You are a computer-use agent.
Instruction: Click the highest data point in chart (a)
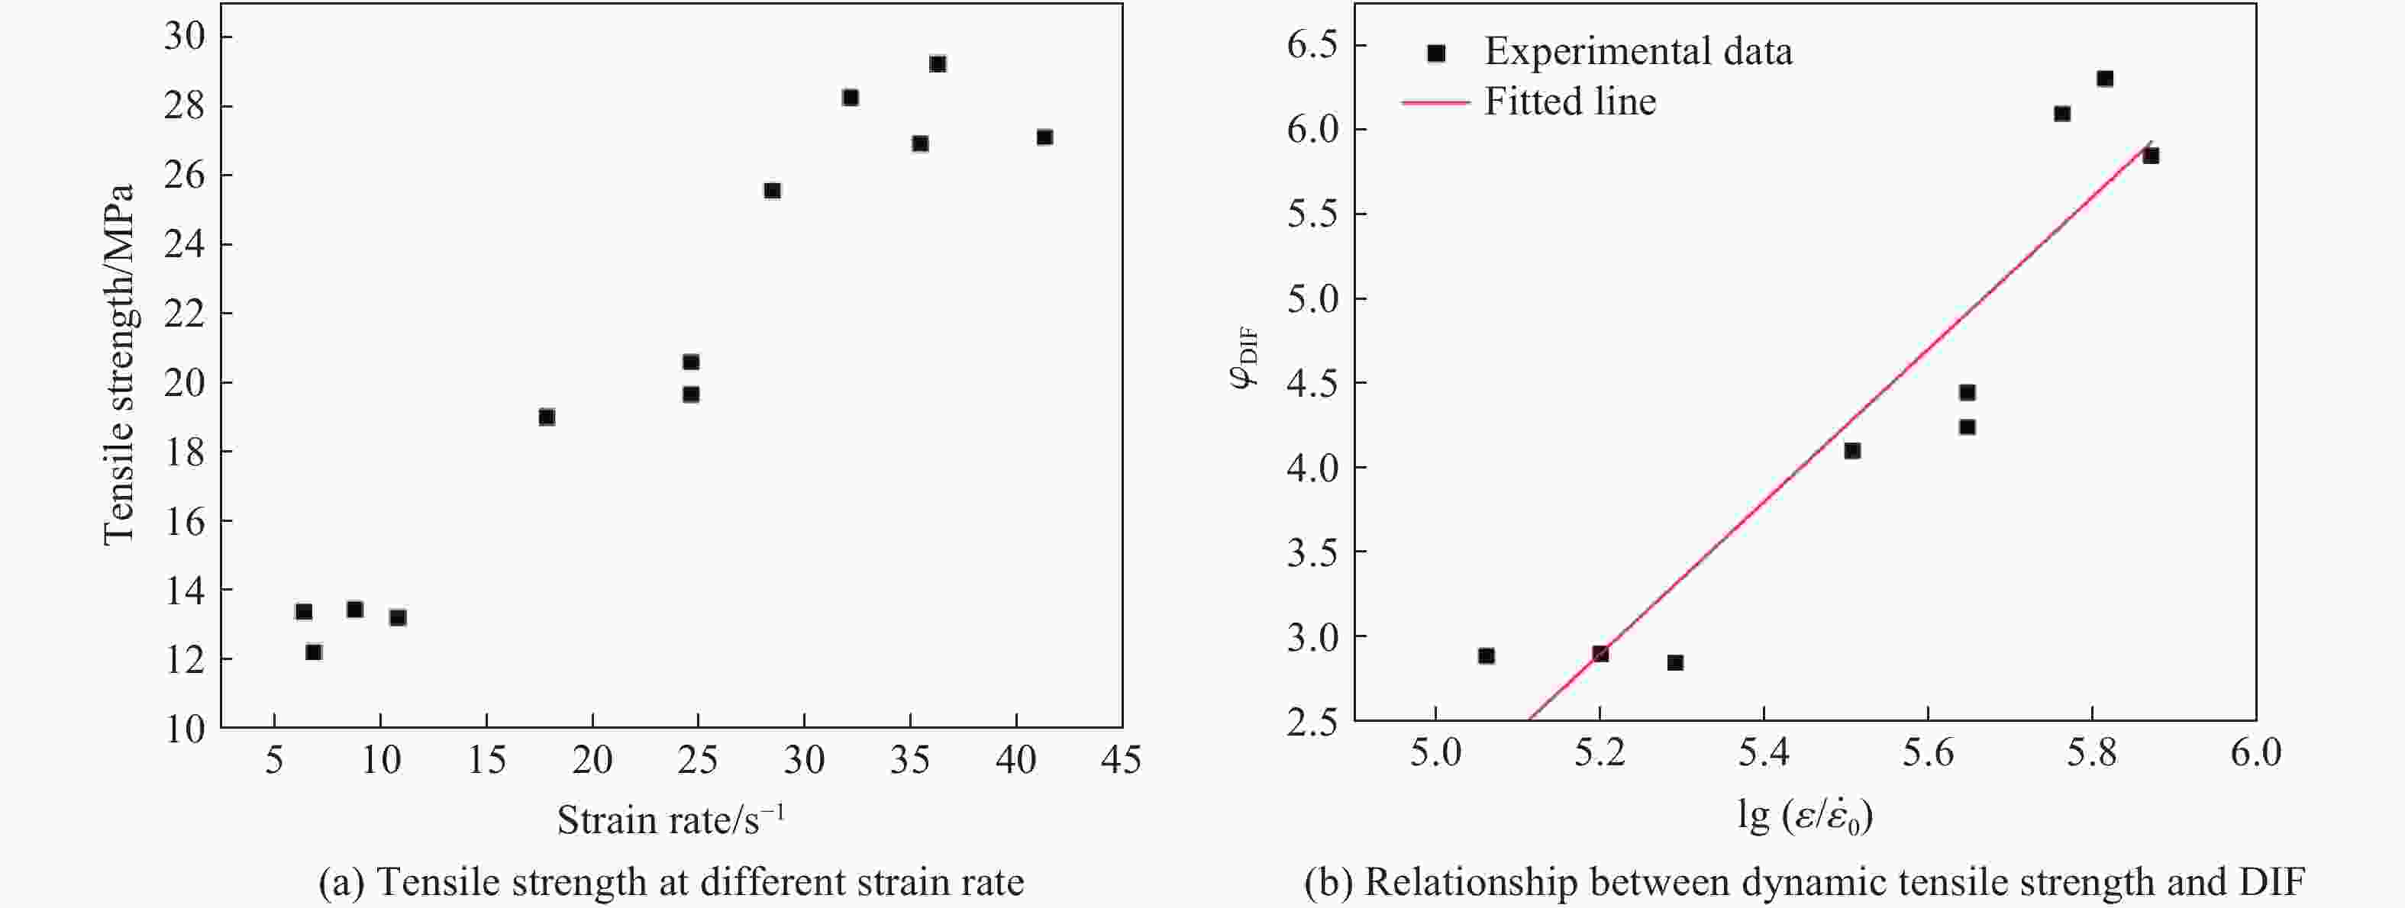(x=938, y=64)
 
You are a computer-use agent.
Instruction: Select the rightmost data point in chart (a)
(x=1044, y=137)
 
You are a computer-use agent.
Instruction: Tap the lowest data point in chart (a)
(x=314, y=652)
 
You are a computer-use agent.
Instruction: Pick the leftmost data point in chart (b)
(x=1487, y=656)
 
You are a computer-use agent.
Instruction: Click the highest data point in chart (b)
(x=2104, y=79)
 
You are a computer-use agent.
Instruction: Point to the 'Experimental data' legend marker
(x=1437, y=53)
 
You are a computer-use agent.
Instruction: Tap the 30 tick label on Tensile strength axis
(x=185, y=37)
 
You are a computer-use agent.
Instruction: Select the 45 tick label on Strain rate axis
(x=1120, y=761)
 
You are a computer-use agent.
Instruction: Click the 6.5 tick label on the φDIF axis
(x=1312, y=45)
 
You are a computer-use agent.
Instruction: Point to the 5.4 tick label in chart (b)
(x=1763, y=753)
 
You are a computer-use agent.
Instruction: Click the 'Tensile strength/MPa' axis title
(x=120, y=364)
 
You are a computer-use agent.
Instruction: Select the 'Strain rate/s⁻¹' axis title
(x=670, y=820)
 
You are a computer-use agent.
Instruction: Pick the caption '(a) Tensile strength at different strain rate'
(x=670, y=882)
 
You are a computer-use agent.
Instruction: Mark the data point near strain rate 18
(x=547, y=417)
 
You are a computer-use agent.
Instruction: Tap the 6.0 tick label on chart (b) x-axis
(x=2255, y=753)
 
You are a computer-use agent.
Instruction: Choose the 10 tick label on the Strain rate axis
(x=380, y=761)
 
